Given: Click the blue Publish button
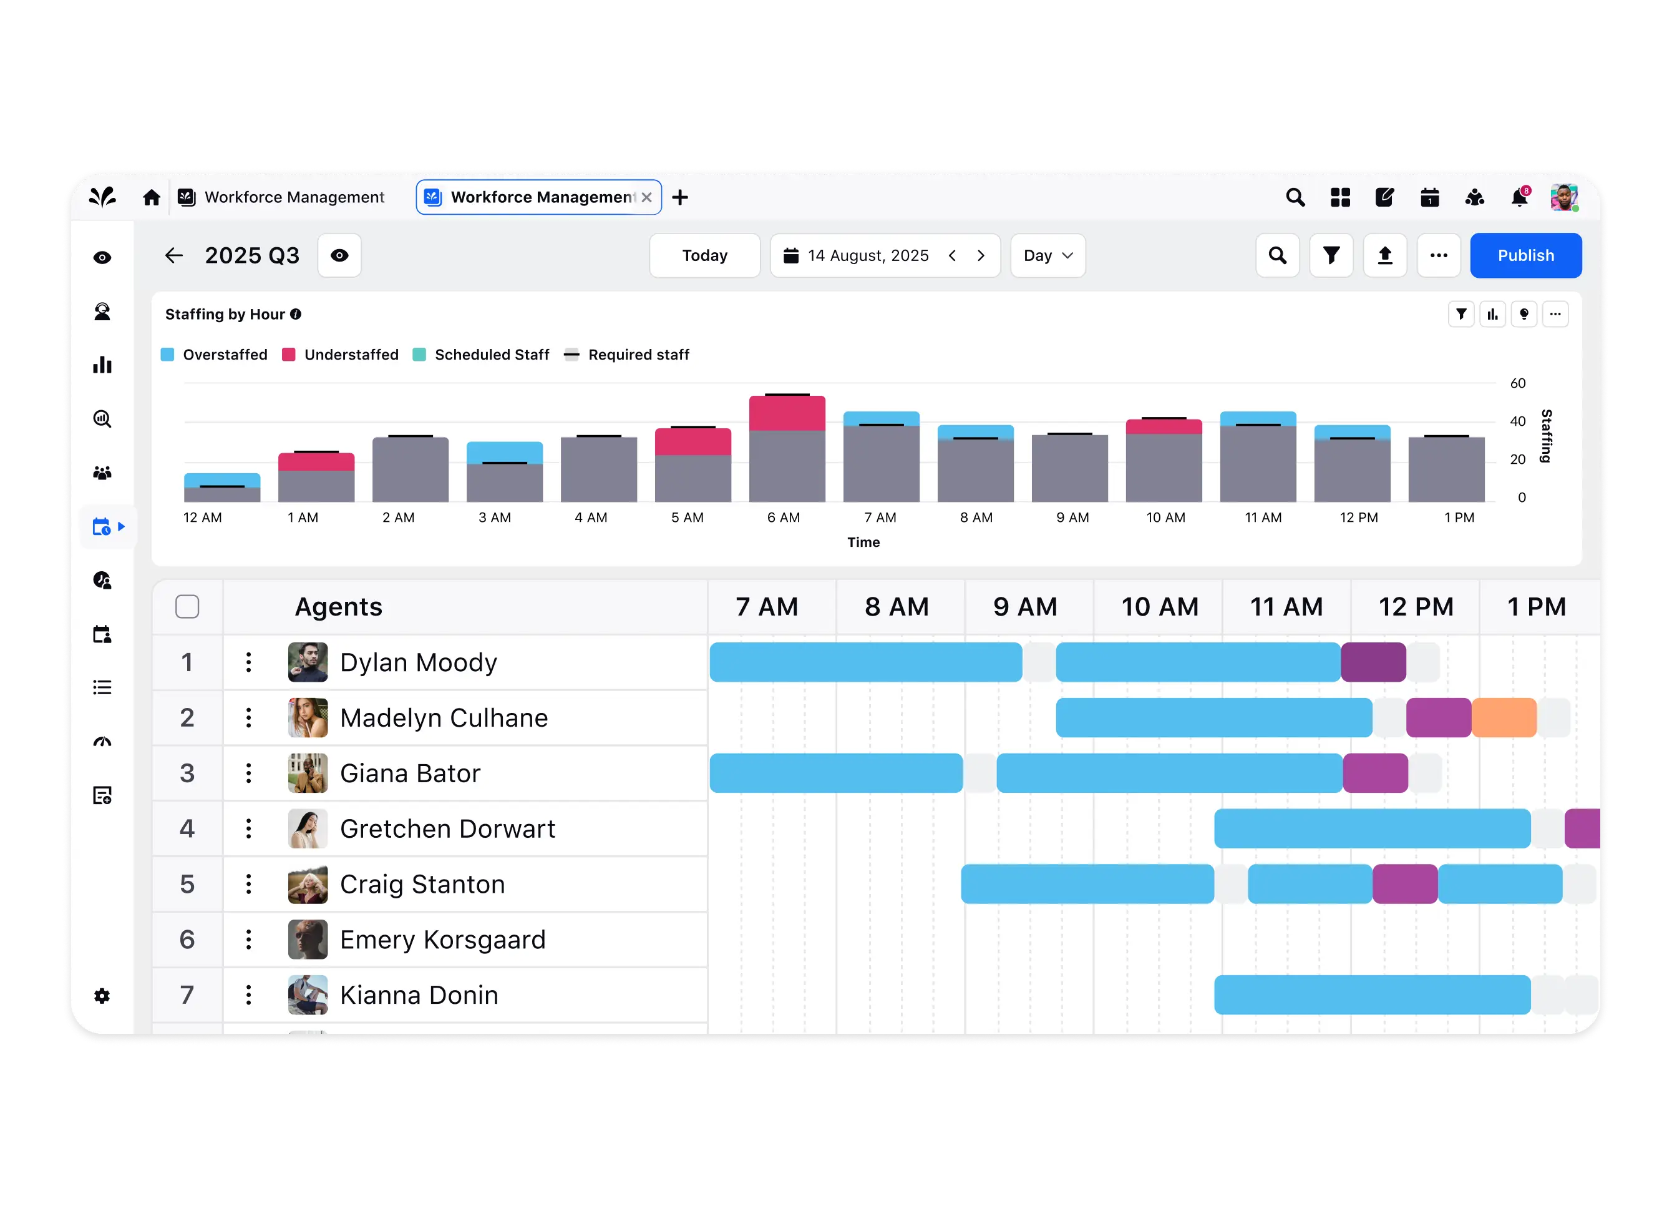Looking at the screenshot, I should pyautogui.click(x=1525, y=255).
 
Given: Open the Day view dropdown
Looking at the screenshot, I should pyautogui.click(x=1047, y=255).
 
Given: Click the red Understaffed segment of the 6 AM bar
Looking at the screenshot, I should pyautogui.click(x=787, y=414).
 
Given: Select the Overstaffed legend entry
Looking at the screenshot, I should pyautogui.click(x=214, y=355).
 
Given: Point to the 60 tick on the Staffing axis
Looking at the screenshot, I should pyautogui.click(x=1517, y=383).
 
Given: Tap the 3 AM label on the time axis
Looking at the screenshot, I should pyautogui.click(x=494, y=518).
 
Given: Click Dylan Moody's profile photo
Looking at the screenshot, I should pyautogui.click(x=308, y=662).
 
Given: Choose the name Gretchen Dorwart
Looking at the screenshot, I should pyautogui.click(x=447, y=829).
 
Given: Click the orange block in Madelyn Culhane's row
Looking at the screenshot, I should pyautogui.click(x=1504, y=717).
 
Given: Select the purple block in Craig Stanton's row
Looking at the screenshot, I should pyautogui.click(x=1404, y=884).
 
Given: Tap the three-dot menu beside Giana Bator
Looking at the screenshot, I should pyautogui.click(x=248, y=773).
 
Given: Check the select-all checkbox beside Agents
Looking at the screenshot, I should pyautogui.click(x=187, y=607).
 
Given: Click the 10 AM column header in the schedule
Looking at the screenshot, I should pyautogui.click(x=1159, y=607).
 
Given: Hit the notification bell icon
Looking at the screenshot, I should pyautogui.click(x=1519, y=198).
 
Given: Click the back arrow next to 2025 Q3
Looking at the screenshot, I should pyautogui.click(x=174, y=256).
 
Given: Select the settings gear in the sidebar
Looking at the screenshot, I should pyautogui.click(x=102, y=996).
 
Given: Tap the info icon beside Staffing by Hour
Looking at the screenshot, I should pyautogui.click(x=296, y=314).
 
